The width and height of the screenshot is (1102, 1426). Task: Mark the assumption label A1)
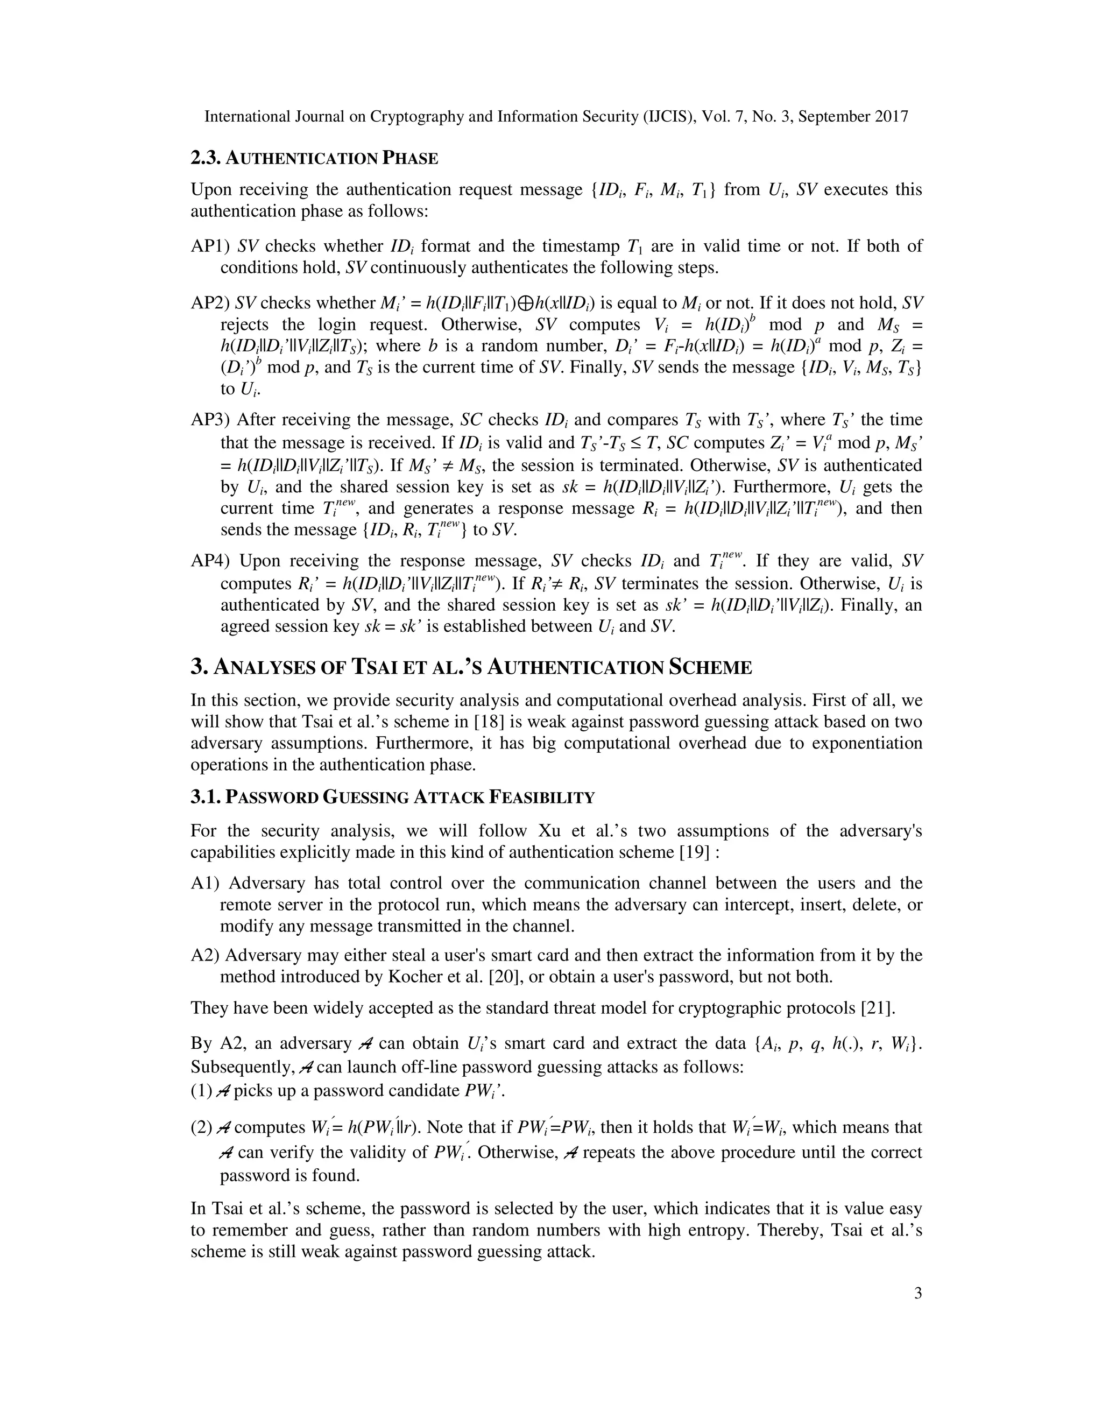pos(206,884)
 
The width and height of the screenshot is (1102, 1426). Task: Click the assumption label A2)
pos(206,955)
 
